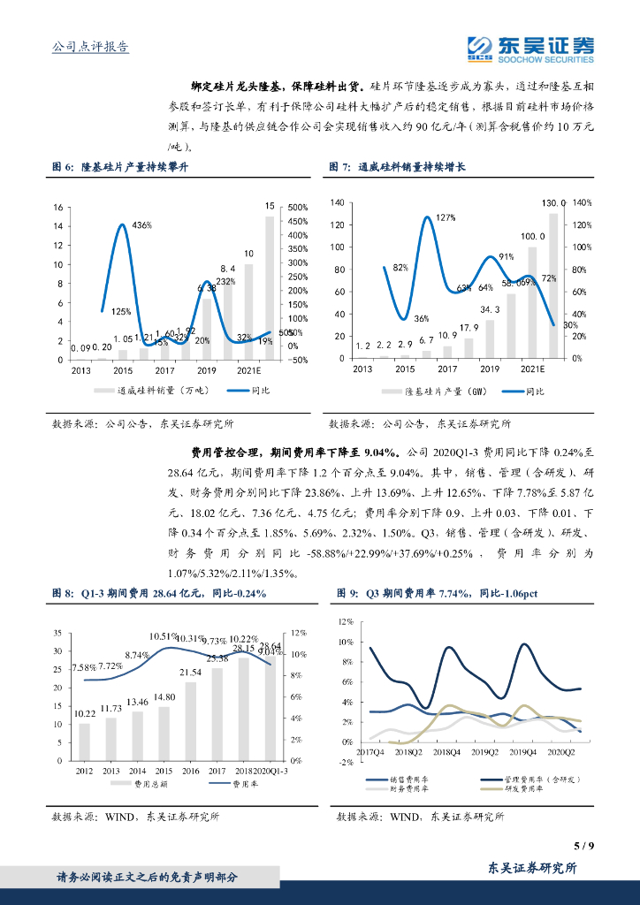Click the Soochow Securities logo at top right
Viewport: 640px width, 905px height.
pyautogui.click(x=530, y=49)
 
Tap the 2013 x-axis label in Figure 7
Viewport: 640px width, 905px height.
pyautogui.click(x=362, y=369)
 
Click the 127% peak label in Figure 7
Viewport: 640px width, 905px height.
pyautogui.click(x=446, y=217)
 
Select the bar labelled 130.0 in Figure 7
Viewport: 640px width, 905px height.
pyautogui.click(x=554, y=285)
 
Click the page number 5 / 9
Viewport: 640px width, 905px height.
pyautogui.click(x=583, y=846)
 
